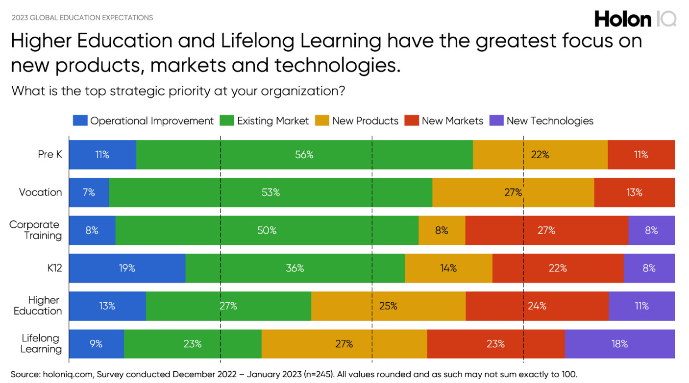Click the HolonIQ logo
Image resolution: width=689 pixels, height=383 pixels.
tap(635, 19)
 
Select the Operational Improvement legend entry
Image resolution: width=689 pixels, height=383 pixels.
tap(144, 120)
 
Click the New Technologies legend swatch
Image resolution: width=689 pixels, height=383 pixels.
tap(496, 120)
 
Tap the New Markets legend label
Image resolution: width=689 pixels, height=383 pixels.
tap(452, 120)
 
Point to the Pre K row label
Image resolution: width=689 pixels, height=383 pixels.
tap(50, 154)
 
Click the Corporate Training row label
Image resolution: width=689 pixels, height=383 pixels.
tap(35, 230)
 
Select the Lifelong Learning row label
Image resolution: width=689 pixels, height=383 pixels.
tap(41, 343)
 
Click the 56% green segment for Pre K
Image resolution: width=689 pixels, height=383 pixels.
tap(304, 155)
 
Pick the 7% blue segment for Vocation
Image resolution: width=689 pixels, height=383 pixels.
tap(89, 192)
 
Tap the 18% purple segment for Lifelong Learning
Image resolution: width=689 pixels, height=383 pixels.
tap(619, 344)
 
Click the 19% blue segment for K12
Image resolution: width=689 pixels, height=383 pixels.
tap(127, 268)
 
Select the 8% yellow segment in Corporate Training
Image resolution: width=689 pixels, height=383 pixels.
tap(442, 230)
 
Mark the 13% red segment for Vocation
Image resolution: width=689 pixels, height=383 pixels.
tap(634, 192)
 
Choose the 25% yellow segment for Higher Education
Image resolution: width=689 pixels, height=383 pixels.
tap(388, 306)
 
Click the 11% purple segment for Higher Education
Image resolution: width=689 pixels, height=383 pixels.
tap(641, 306)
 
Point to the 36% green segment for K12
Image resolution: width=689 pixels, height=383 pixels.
tap(295, 268)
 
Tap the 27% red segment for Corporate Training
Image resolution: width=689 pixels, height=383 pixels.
tap(546, 230)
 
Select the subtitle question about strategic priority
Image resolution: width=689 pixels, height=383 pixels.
tap(179, 91)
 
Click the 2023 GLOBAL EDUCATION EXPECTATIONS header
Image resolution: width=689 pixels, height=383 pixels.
tap(82, 18)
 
